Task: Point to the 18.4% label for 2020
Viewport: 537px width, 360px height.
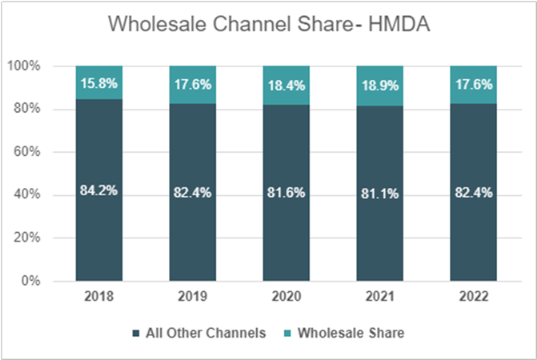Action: click(285, 83)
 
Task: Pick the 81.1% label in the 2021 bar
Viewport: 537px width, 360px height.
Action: click(379, 193)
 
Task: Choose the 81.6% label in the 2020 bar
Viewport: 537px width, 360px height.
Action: click(285, 192)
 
